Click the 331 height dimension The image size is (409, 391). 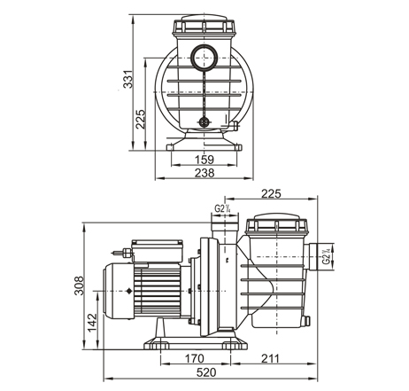pyautogui.click(x=128, y=80)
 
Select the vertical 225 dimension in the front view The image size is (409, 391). pyautogui.click(x=141, y=119)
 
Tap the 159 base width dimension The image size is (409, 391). pyautogui.click(x=204, y=160)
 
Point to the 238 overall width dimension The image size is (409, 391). pyautogui.click(x=204, y=173)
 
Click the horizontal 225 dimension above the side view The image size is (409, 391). pyautogui.click(x=271, y=193)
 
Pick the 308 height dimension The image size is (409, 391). pyautogui.click(x=79, y=285)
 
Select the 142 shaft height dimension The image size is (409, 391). pyautogui.click(x=92, y=323)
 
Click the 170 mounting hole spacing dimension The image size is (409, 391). pyautogui.click(x=194, y=358)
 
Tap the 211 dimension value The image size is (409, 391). pyautogui.click(x=270, y=358)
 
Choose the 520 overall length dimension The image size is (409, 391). pyautogui.click(x=206, y=372)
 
